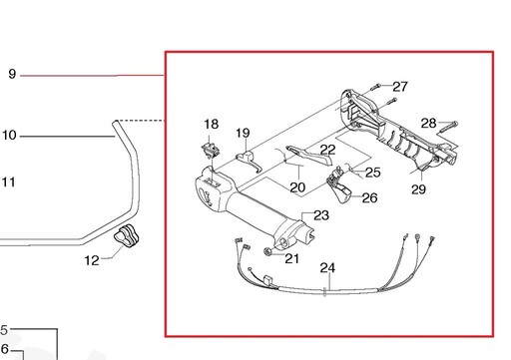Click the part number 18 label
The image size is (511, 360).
click(212, 125)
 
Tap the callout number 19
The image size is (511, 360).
click(243, 133)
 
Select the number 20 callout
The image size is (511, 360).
click(297, 187)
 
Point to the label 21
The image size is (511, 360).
click(291, 258)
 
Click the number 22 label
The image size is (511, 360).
click(327, 150)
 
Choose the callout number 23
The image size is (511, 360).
click(321, 215)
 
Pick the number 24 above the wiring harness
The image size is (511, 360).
click(327, 267)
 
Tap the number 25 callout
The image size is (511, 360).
click(372, 173)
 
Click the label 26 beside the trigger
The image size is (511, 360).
click(369, 197)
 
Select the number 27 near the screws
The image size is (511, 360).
click(400, 87)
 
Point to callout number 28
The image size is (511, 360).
click(428, 124)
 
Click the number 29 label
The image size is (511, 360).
click(418, 189)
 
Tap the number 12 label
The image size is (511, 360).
click(92, 260)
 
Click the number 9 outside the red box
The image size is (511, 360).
click(12, 74)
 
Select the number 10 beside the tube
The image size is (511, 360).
click(9, 136)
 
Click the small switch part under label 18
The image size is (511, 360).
click(211, 151)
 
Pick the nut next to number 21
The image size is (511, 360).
click(267, 251)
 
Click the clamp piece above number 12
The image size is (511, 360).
click(126, 236)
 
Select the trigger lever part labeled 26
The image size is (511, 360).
click(339, 185)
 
